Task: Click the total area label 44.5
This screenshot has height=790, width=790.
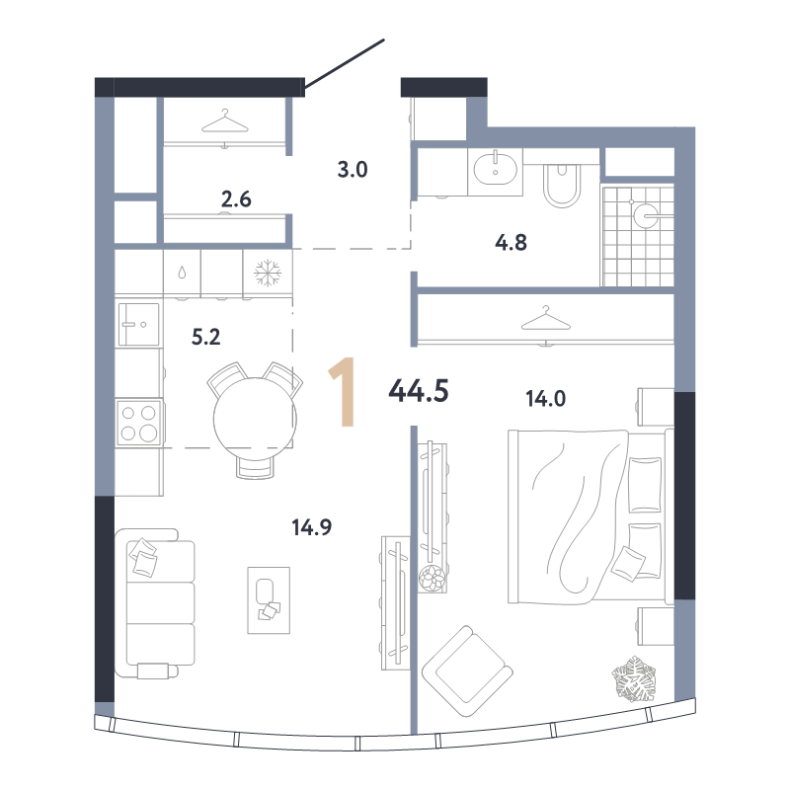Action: pyautogui.click(x=418, y=391)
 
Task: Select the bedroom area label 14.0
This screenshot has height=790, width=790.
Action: pyautogui.click(x=546, y=399)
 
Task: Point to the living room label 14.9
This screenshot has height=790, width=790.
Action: pyautogui.click(x=311, y=527)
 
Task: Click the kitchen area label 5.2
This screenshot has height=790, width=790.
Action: pyautogui.click(x=205, y=337)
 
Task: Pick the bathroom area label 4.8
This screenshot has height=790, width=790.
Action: pyautogui.click(x=511, y=243)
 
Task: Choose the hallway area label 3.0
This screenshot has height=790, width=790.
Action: pyautogui.click(x=353, y=170)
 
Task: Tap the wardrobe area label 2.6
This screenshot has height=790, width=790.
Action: pyautogui.click(x=236, y=199)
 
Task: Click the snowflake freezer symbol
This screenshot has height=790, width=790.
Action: pyautogui.click(x=268, y=274)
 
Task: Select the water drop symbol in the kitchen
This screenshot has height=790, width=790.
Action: pyautogui.click(x=182, y=274)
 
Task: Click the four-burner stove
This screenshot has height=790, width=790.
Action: pyautogui.click(x=138, y=423)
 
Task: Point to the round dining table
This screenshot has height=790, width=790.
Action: pyautogui.click(x=255, y=419)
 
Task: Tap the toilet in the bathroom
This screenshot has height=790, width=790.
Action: pyautogui.click(x=562, y=185)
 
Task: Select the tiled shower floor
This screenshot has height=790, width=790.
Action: pyautogui.click(x=638, y=236)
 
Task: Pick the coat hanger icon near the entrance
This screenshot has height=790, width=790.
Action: pyautogui.click(x=225, y=121)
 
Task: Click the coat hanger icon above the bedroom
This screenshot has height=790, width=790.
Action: pyautogui.click(x=546, y=318)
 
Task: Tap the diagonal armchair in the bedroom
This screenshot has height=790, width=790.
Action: pyautogui.click(x=467, y=671)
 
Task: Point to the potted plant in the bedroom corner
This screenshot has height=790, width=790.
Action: pyautogui.click(x=634, y=678)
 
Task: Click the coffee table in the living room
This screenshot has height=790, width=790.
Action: pyautogui.click(x=269, y=600)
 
